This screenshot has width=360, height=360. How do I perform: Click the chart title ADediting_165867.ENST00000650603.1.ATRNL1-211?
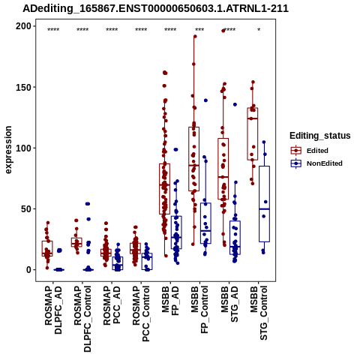point(155,8)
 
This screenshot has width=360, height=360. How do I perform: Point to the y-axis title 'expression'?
point(8,150)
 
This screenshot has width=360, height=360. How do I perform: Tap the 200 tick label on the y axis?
point(23,26)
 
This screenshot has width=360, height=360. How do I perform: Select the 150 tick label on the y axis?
point(23,87)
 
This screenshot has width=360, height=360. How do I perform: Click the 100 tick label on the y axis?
point(23,148)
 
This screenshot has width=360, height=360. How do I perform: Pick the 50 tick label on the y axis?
point(26,208)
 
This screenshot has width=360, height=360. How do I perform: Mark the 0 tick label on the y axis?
point(29,270)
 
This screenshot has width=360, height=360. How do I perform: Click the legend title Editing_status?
point(320,136)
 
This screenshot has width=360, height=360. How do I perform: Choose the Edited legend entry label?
point(317,151)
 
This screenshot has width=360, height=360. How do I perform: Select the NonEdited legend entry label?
point(325,163)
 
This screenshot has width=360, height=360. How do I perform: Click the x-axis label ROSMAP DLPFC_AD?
point(53,310)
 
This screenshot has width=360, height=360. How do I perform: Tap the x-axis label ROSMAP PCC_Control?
point(141,314)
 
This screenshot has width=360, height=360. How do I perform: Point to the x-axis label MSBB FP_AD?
point(170,301)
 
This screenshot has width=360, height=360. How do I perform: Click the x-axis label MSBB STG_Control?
point(259,313)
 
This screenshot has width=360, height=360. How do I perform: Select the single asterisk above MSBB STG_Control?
point(259,30)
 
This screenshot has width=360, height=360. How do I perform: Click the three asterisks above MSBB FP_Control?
point(199,30)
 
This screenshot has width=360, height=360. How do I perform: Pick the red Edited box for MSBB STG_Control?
point(253,134)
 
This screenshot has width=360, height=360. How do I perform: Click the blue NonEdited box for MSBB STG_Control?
point(264,204)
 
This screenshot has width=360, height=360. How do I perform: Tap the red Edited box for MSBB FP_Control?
point(193,159)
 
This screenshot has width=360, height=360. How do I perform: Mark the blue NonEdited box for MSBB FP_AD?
point(176,232)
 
